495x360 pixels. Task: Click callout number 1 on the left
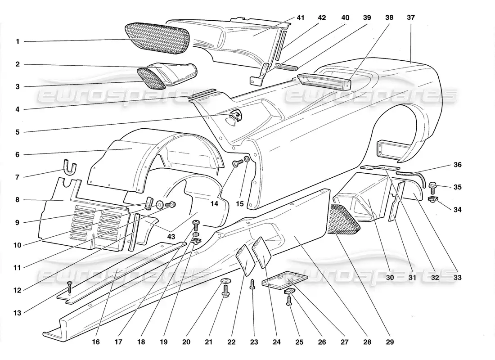pyautogui.click(x=18, y=42)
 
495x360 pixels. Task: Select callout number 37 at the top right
pyautogui.click(x=411, y=18)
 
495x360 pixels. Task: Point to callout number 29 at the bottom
pyautogui.click(x=390, y=342)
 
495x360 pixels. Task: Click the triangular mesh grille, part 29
pyautogui.click(x=344, y=220)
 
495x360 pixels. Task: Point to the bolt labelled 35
pyautogui.click(x=433, y=185)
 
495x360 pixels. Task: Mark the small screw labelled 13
pyautogui.click(x=69, y=285)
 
